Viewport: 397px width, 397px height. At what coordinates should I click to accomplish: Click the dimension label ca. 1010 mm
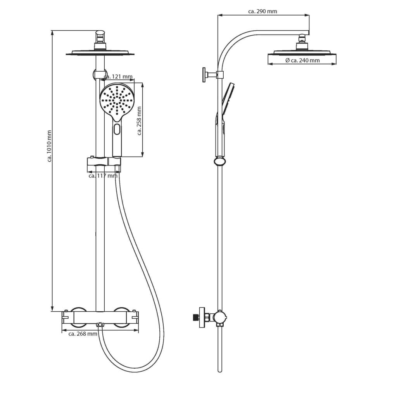coord(49,146)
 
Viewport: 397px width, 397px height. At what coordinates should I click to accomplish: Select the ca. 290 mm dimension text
coord(262,11)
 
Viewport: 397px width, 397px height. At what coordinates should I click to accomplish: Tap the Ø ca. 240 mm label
coord(302,60)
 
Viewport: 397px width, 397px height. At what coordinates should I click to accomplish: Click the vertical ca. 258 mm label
coord(140,121)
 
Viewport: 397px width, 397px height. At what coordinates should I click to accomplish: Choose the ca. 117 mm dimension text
coord(103,176)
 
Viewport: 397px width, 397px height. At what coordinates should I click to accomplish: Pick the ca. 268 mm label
coord(83,333)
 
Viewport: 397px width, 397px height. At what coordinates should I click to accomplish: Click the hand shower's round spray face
coord(116,100)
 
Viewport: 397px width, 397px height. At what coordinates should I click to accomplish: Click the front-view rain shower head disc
coord(100,53)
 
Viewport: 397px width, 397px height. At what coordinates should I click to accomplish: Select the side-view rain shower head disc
coord(302,52)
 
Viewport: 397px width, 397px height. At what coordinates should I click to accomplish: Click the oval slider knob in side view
coord(219,161)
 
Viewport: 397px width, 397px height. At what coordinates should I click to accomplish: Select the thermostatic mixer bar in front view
coord(100,318)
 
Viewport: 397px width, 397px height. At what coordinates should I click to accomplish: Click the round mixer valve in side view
coord(219,318)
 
